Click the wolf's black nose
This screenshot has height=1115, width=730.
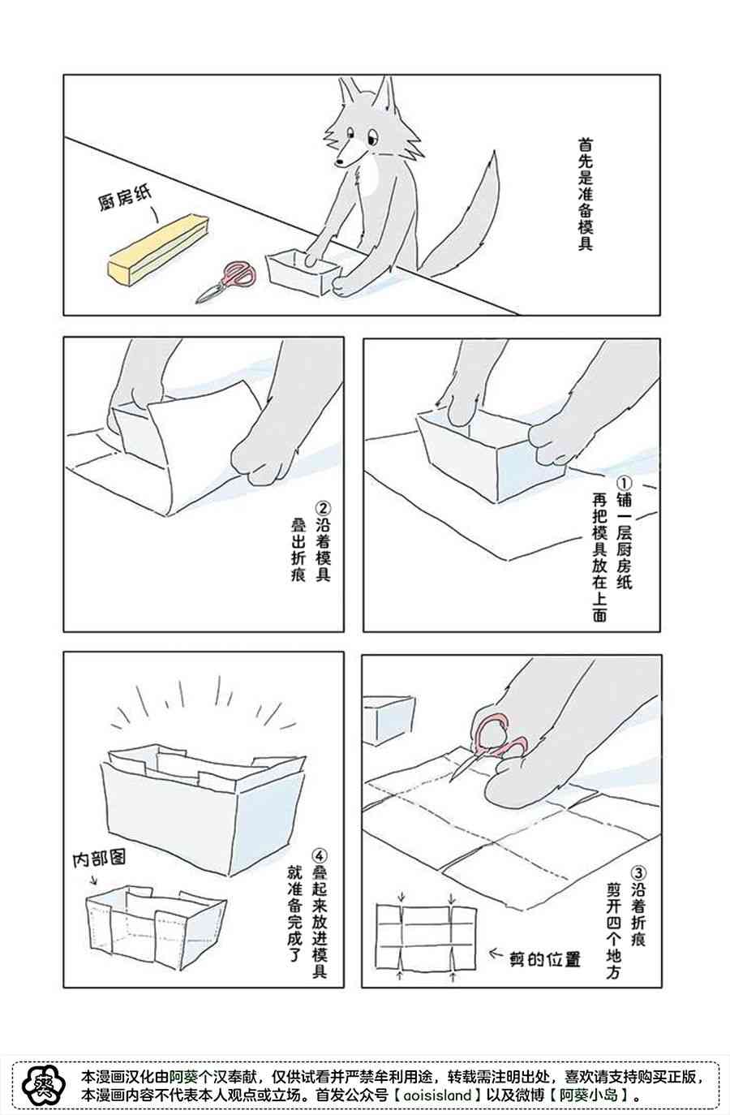(x=340, y=161)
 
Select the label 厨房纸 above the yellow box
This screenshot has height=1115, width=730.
(x=124, y=198)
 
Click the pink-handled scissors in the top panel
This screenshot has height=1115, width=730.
(x=226, y=281)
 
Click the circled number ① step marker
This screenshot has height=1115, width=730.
(x=625, y=484)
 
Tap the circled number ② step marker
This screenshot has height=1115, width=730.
(x=324, y=508)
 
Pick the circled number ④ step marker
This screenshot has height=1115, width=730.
(x=320, y=855)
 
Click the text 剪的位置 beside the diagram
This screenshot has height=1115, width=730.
(x=545, y=958)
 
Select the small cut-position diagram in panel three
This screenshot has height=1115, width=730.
(x=427, y=936)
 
